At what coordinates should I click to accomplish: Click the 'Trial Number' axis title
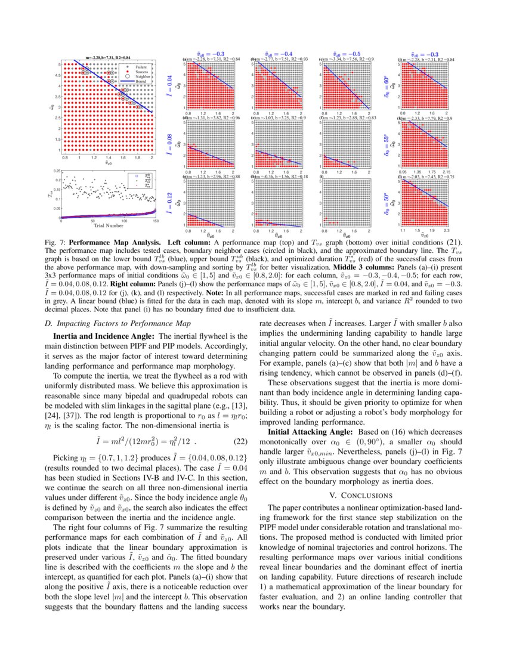[107, 226]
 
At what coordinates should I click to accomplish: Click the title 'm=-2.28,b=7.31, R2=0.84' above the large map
[109, 57]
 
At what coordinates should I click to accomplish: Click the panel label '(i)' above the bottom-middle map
[322, 177]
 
